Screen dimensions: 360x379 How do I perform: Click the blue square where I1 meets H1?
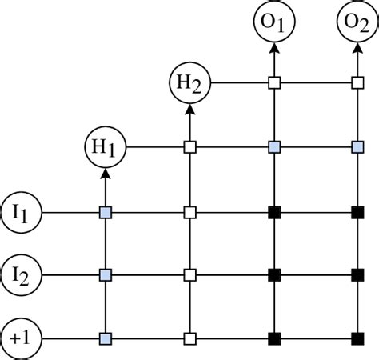(x=105, y=213)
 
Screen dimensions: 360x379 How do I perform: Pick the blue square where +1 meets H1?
(x=105, y=338)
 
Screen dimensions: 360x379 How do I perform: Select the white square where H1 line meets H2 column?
(x=190, y=147)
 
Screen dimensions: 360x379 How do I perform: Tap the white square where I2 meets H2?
(x=190, y=275)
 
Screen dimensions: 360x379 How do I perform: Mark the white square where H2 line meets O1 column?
(x=274, y=82)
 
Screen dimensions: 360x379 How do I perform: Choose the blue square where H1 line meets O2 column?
(x=357, y=147)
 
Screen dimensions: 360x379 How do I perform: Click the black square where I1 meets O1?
(x=274, y=213)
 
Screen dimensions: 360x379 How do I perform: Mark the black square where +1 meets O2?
(x=357, y=338)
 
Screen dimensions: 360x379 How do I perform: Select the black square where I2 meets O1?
(x=274, y=275)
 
